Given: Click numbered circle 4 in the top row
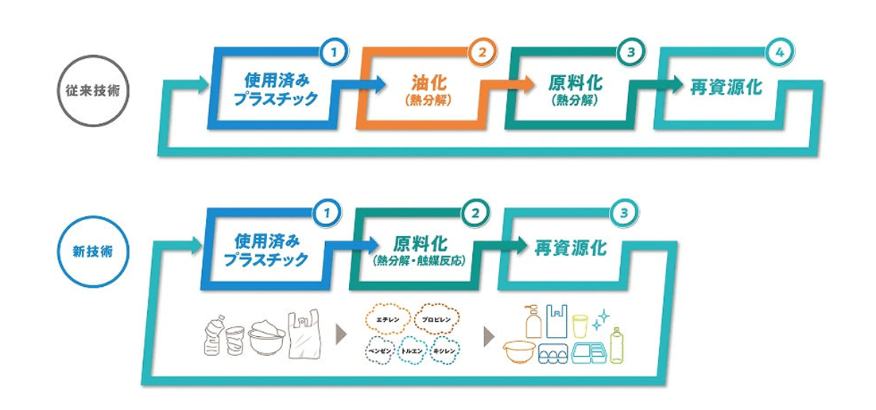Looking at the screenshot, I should pyautogui.click(x=778, y=53).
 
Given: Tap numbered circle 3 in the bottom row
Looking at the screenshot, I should pyautogui.click(x=624, y=213).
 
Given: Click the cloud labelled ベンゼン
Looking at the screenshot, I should pyautogui.click(x=378, y=350).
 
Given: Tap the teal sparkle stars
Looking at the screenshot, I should pyautogui.click(x=603, y=319).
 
